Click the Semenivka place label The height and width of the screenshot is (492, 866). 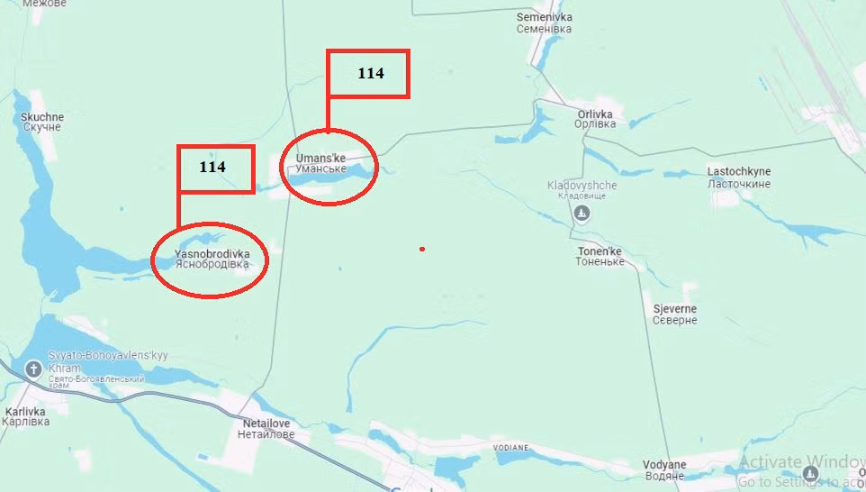[544, 23]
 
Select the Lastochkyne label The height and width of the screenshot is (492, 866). [738, 178]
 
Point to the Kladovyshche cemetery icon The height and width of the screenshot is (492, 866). [582, 213]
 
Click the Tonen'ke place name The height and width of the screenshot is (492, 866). [600, 256]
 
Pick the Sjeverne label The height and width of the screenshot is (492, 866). [674, 314]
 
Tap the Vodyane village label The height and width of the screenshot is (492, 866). [664, 470]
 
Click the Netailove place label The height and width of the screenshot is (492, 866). [266, 428]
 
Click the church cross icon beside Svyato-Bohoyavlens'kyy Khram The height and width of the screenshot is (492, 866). [33, 369]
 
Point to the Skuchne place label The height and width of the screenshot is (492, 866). [41, 122]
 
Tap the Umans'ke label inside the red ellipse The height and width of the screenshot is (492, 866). [320, 163]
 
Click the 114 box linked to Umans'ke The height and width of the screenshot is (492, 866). [368, 74]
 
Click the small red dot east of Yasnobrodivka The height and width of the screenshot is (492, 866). [421, 249]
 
